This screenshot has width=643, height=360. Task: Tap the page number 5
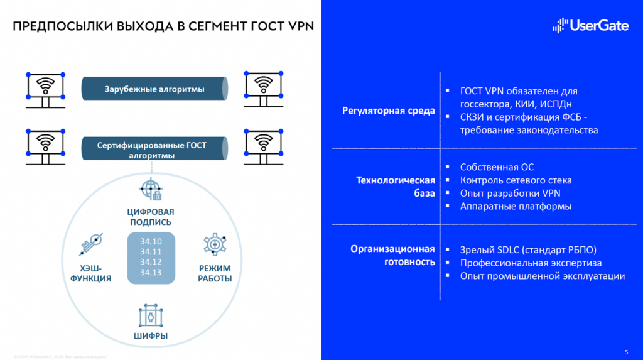(x=626, y=351)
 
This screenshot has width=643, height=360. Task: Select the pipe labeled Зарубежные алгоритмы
(x=154, y=89)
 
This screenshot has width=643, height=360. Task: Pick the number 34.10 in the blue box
(x=151, y=241)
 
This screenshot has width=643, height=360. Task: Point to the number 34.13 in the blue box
(x=151, y=272)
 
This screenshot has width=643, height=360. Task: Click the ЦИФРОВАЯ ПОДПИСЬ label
(x=151, y=217)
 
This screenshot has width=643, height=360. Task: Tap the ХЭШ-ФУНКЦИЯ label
(x=91, y=273)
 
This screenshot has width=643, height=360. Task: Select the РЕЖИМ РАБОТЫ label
(x=215, y=273)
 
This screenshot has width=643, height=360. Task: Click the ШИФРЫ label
(x=151, y=336)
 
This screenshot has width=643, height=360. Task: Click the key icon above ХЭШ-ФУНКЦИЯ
(x=90, y=245)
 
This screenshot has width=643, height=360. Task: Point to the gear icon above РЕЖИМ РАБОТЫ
(x=215, y=244)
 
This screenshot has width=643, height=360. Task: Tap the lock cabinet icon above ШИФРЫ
(x=151, y=315)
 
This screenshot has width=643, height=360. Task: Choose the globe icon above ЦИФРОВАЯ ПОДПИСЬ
(x=151, y=189)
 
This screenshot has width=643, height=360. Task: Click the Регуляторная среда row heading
(x=388, y=111)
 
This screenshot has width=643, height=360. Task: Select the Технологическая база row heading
(x=396, y=187)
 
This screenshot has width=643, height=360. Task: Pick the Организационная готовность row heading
(x=392, y=256)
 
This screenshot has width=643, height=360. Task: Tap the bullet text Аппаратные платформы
(x=516, y=206)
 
